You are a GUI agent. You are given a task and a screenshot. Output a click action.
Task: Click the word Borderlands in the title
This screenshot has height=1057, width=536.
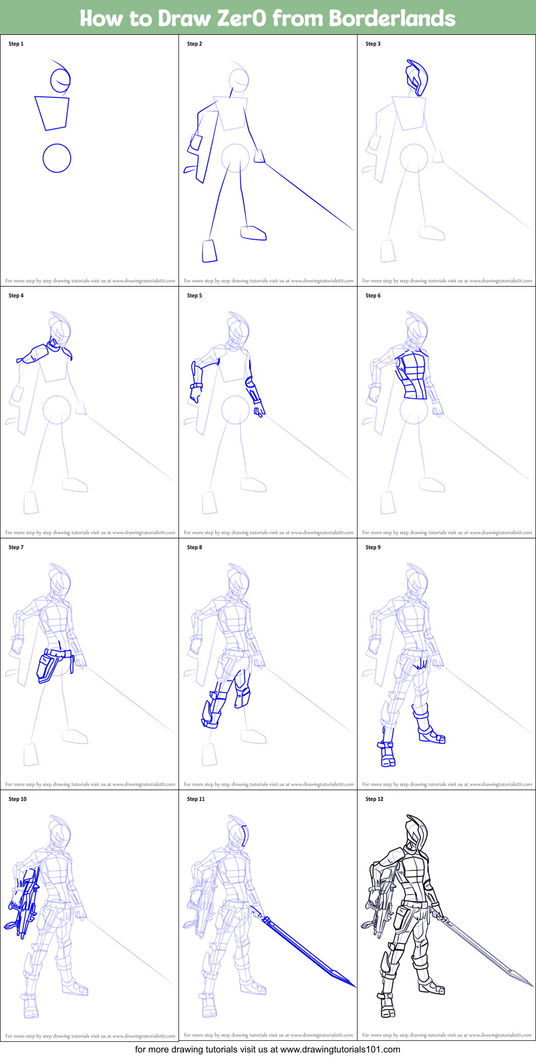tap(392, 18)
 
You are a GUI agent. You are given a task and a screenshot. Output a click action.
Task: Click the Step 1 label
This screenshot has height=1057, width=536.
tap(16, 44)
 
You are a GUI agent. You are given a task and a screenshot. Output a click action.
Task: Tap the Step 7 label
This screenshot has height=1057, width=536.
tap(16, 547)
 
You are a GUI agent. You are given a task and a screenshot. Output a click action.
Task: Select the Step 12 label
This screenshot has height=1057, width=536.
tap(374, 799)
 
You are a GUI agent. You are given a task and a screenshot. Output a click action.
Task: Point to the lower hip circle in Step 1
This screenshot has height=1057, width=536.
tap(56, 158)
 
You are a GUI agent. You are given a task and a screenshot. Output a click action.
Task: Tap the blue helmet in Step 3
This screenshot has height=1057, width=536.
tap(417, 77)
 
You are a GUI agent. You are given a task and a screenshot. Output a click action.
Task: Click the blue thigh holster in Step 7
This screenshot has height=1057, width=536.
tap(48, 666)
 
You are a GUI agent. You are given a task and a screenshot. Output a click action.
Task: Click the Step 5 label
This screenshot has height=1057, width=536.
tap(194, 296)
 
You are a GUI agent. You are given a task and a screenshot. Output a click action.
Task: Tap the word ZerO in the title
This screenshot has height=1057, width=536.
tap(241, 18)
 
